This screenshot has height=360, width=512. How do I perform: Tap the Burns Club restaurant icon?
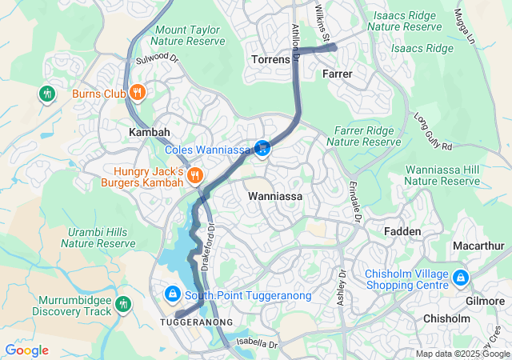pos(138,93)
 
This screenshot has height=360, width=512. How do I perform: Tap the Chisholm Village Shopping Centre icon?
pos(461,278)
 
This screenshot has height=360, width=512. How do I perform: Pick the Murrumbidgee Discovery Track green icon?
pos(122,303)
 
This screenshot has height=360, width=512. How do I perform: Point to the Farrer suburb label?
pos(337,74)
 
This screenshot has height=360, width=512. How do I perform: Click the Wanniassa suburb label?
pos(275,195)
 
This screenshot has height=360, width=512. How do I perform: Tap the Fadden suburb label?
pos(402,231)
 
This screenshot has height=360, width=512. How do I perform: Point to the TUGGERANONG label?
pos(196,322)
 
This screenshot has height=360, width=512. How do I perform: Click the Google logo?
pos(26,350)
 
